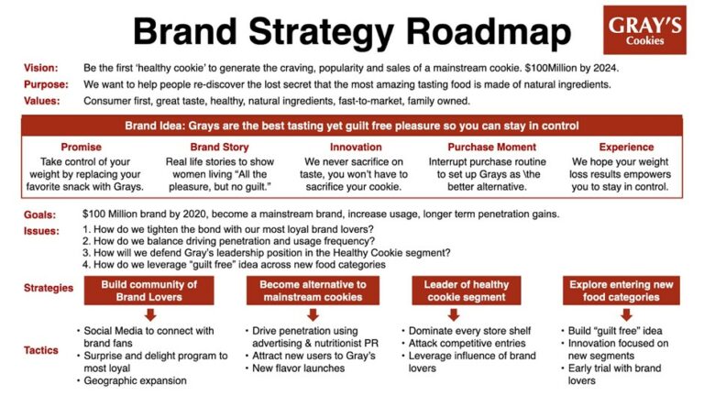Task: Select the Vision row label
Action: [40, 68]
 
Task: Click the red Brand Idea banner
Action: [352, 125]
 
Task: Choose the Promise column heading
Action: [81, 147]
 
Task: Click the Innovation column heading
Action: [356, 147]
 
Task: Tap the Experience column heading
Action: [626, 147]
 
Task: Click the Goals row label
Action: [39, 214]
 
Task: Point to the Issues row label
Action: [41, 230]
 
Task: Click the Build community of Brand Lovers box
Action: [137, 290]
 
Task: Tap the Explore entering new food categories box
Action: [621, 290]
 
